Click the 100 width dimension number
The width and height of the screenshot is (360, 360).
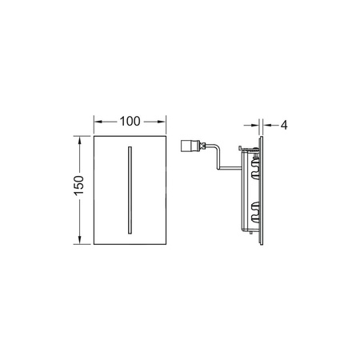click(130, 122)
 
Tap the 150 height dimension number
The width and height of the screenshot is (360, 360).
click(79, 186)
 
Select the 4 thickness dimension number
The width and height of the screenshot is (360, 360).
click(284, 125)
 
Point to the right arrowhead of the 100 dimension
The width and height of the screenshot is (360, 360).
click(162, 122)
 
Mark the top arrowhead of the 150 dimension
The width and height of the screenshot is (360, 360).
click(79, 140)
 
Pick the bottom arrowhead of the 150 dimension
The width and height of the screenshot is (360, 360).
click(79, 240)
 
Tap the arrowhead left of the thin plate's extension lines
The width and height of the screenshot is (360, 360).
click(255, 125)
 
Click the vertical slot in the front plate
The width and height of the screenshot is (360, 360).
click(130, 190)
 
